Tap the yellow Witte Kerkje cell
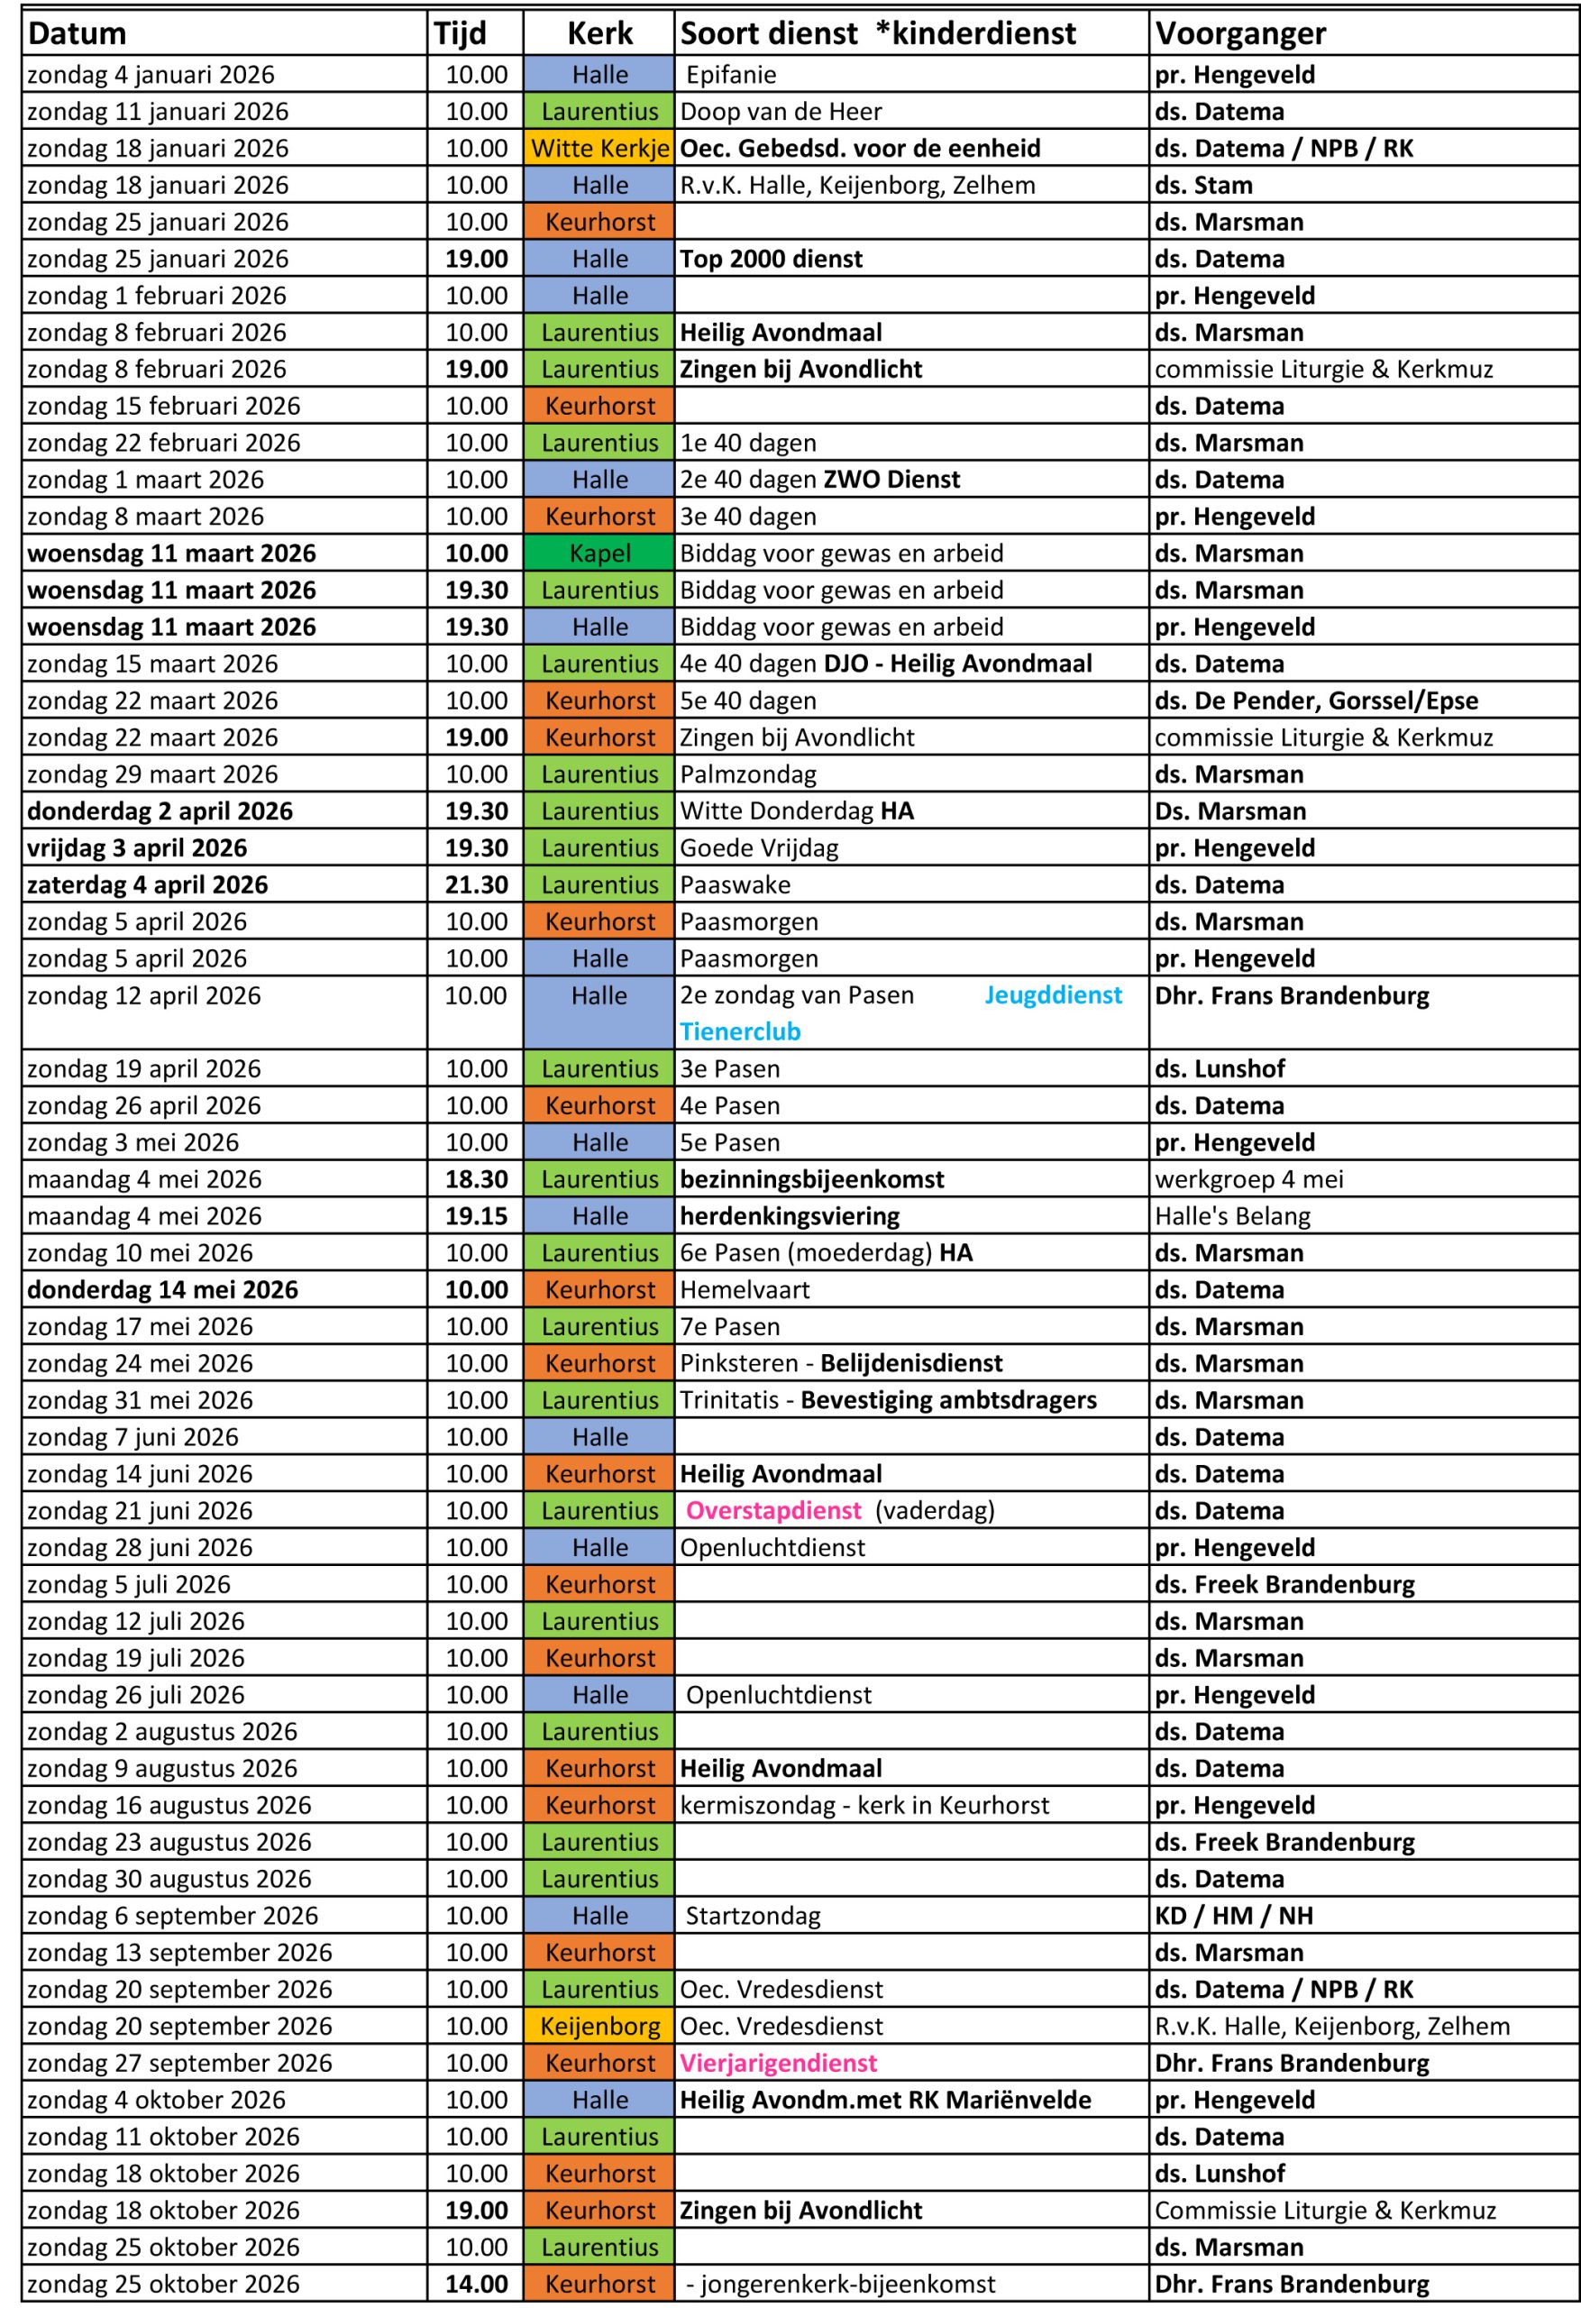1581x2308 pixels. point(599,149)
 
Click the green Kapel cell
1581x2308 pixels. point(599,554)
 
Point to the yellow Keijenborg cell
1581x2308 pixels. point(599,2026)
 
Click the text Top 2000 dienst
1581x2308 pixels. point(771,260)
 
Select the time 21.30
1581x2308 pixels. point(476,884)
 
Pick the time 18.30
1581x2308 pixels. point(476,1180)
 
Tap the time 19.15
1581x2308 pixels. point(476,1216)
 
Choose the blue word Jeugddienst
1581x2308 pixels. point(1053,995)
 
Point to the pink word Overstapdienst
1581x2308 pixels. point(773,1510)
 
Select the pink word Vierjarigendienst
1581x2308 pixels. point(779,2063)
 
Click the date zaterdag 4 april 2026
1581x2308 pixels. point(148,884)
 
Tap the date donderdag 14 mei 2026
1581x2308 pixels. point(163,1290)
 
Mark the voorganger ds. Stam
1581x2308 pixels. point(1203,186)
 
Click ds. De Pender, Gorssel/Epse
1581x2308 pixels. point(1316,701)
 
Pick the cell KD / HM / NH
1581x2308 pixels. point(1233,1916)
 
